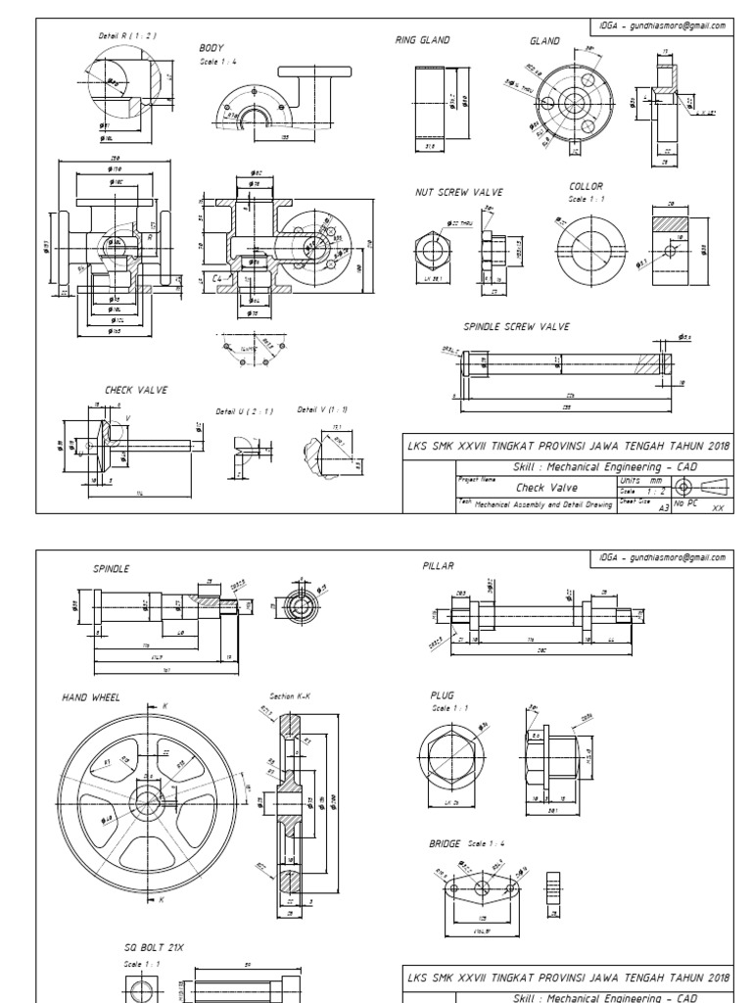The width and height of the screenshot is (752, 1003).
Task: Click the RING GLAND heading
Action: pyautogui.click(x=422, y=40)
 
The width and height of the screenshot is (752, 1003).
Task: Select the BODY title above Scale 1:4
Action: pyautogui.click(x=211, y=47)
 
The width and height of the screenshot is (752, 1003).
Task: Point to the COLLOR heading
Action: pyautogui.click(x=586, y=185)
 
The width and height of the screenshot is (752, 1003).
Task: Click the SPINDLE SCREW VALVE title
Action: pyautogui.click(x=516, y=327)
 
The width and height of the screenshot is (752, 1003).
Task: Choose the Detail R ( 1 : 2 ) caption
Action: pyautogui.click(x=127, y=36)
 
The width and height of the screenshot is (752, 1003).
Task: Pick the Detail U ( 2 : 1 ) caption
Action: pyautogui.click(x=244, y=411)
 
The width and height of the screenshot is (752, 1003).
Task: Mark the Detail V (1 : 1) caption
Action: pyautogui.click(x=322, y=409)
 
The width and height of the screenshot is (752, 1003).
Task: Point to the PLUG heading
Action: pyautogui.click(x=441, y=694)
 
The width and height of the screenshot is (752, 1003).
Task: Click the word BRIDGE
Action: pyautogui.click(x=445, y=843)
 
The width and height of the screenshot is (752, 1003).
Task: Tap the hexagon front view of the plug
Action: pyautogui.click(x=451, y=759)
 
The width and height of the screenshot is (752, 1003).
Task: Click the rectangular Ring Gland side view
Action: pyautogui.click(x=430, y=101)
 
